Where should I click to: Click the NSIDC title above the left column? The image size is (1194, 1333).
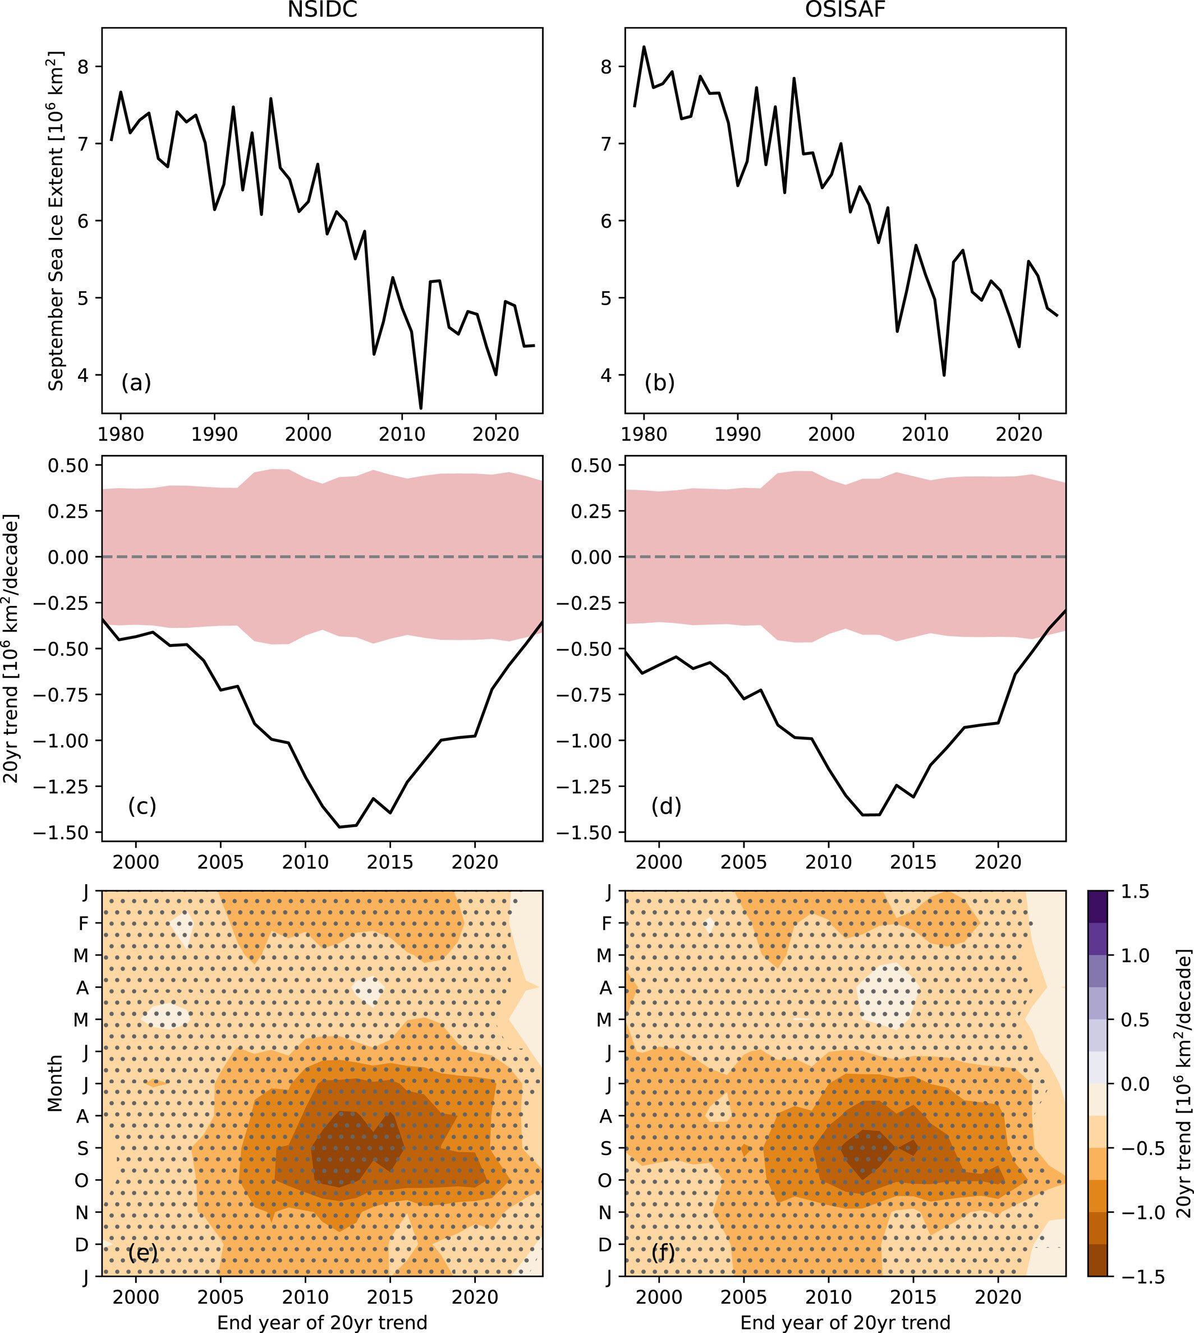tap(322, 11)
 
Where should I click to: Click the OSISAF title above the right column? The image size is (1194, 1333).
tap(845, 11)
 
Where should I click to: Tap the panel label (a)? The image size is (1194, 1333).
tap(136, 383)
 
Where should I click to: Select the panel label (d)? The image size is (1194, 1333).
tap(666, 806)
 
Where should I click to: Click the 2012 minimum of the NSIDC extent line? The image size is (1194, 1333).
tap(420, 408)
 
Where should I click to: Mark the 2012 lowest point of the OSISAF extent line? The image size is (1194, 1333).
tap(944, 375)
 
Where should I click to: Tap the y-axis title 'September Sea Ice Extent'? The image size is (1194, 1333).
tap(57, 220)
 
